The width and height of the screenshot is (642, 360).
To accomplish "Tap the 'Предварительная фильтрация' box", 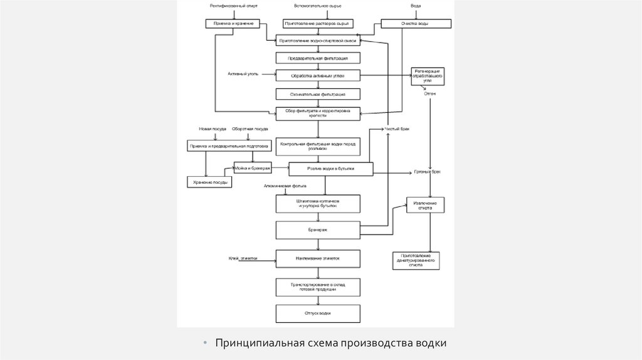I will [318, 58].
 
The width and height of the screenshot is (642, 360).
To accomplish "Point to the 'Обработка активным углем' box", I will [318, 76].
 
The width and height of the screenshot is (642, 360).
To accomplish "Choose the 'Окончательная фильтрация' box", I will [318, 94].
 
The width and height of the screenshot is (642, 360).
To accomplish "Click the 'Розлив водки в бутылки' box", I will [330, 169].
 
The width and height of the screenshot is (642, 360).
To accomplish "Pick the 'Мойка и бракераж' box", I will [253, 168].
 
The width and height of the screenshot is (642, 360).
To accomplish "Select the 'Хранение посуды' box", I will [209, 182].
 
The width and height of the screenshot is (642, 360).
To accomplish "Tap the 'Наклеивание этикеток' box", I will [318, 258].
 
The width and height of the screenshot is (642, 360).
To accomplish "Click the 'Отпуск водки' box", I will [318, 313].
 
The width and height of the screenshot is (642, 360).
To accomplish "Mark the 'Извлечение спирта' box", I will [429, 205].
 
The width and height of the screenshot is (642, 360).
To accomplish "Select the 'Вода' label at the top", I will [416, 6].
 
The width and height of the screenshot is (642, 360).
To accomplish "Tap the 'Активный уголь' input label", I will [243, 75].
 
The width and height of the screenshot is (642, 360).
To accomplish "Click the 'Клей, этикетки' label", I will [243, 258].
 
